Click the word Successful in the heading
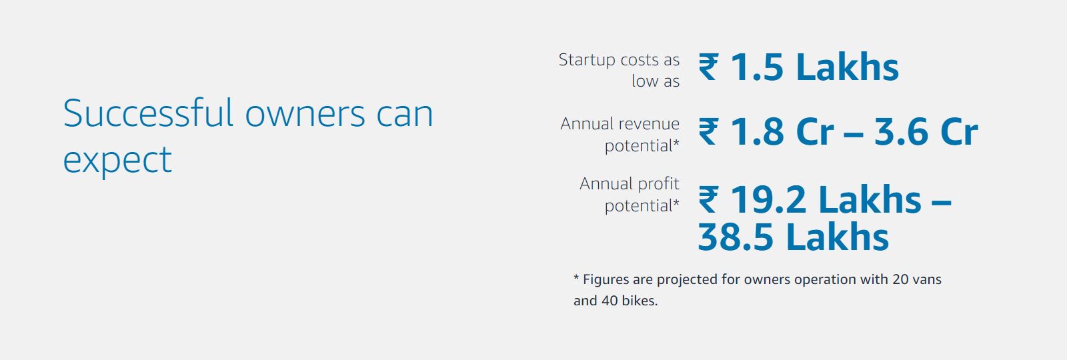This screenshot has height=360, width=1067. (149, 113)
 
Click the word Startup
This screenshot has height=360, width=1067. (587, 61)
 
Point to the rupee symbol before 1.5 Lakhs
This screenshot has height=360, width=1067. (708, 67)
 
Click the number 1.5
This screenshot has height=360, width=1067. (756, 67)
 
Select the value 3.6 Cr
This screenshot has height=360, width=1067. (926, 132)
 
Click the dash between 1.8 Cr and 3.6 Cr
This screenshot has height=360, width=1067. (854, 134)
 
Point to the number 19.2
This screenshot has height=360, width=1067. (768, 199)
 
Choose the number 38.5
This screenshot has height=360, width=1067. (736, 237)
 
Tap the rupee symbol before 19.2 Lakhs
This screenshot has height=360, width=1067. (708, 199)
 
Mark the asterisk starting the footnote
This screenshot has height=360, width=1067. (576, 277)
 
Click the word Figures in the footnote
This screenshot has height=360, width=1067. (606, 280)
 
